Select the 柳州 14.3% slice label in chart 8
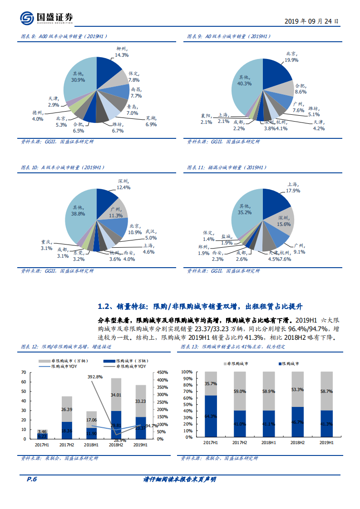(x=121, y=51)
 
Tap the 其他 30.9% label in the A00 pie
(x=78, y=76)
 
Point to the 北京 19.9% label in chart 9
(x=291, y=57)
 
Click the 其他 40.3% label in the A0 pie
(x=244, y=80)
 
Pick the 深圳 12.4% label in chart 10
(x=123, y=184)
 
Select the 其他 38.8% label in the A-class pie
(x=78, y=210)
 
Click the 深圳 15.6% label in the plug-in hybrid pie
(x=284, y=221)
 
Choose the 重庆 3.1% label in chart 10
(x=47, y=245)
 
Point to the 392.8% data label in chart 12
(x=95, y=377)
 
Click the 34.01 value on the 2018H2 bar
(x=116, y=395)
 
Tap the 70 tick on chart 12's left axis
(x=23, y=372)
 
